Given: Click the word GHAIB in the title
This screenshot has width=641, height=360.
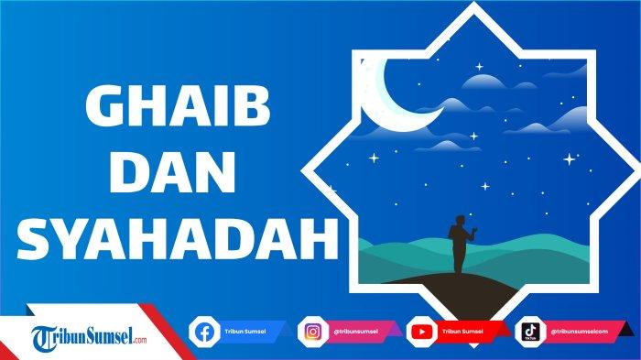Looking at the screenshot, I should click(164, 111).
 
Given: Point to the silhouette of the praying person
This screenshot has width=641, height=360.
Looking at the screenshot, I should click(460, 245).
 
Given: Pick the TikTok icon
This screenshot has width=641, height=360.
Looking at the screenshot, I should click(529, 331).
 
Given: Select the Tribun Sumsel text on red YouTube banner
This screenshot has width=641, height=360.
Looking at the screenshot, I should click(462, 331).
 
